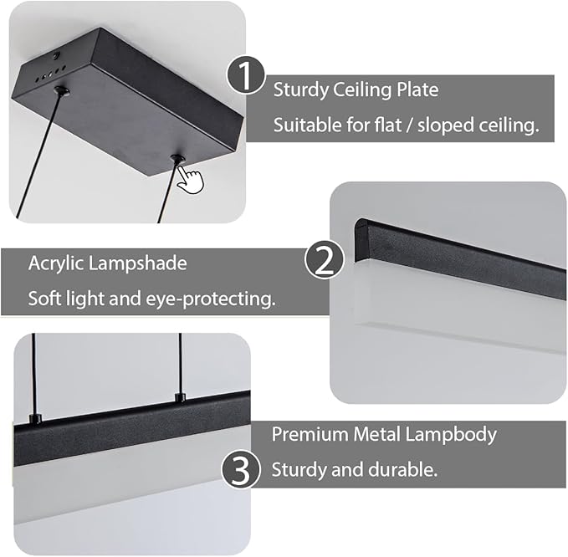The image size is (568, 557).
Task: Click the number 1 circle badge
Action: (246, 76)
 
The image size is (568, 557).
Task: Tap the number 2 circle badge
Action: (325, 259)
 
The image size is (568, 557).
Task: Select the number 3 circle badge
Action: (241, 471)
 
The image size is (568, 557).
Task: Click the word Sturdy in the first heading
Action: (300, 89)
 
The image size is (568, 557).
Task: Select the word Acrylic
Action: (56, 263)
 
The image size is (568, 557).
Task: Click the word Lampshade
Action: (138, 263)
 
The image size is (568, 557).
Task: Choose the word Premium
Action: (310, 434)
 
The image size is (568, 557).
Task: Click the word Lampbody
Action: (451, 435)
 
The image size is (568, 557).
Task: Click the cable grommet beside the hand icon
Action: (177, 159)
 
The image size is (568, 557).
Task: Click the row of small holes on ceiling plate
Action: (50, 73)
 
